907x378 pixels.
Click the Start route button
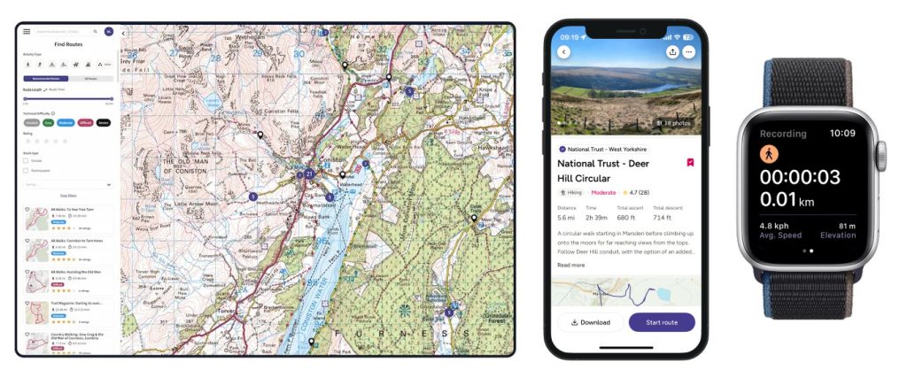[661, 322]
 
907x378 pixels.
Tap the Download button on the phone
[591, 322]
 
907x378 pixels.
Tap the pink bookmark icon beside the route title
[690, 163]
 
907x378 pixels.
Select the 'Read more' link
[570, 265]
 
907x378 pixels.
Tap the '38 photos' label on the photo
[676, 123]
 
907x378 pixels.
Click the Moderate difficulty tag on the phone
[603, 191]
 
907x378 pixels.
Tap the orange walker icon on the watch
[770, 151]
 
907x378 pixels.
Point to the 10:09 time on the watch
[842, 134]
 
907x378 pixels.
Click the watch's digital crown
[881, 156]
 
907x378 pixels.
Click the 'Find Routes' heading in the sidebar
[68, 42]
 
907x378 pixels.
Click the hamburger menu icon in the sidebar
[27, 31]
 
